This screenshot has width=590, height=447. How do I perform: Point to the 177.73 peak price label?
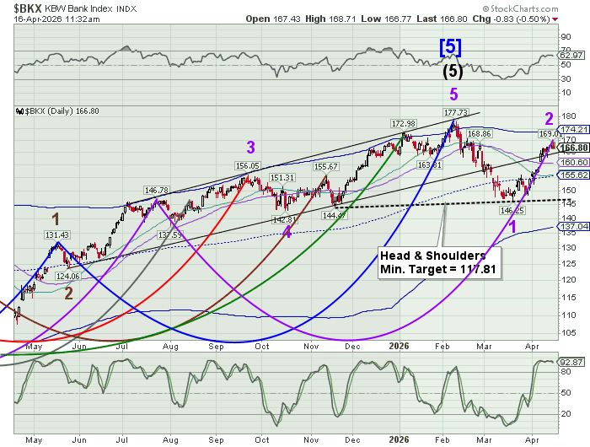pos(455,111)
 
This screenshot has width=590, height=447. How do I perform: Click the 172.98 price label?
pos(403,124)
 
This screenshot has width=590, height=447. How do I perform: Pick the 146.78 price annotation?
pos(157,191)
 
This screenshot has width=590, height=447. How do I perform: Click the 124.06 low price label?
pos(67,276)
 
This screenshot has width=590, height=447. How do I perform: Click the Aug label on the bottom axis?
pos(172,346)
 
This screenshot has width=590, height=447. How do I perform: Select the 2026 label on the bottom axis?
pos(398,346)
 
